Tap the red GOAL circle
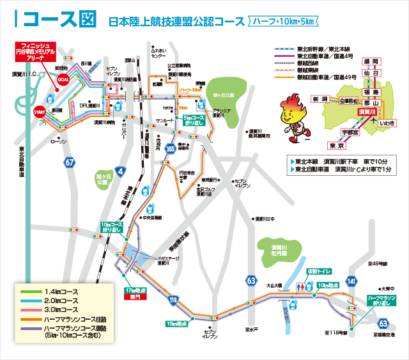[63, 79]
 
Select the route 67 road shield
[69, 163]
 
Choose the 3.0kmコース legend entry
[61, 309]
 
